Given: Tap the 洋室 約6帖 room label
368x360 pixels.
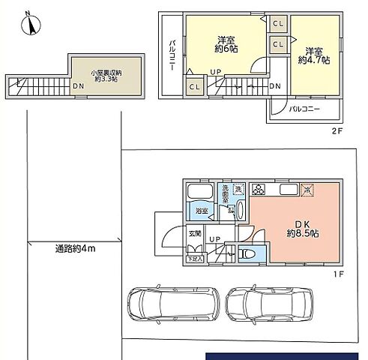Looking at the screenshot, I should tap(224, 43).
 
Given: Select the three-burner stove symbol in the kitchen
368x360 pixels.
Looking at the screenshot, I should tap(259, 189).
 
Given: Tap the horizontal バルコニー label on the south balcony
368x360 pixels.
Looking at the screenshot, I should tap(305, 109).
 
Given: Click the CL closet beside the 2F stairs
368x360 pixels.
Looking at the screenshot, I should tap(194, 87).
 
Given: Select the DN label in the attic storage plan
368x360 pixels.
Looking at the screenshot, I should tap(79, 85).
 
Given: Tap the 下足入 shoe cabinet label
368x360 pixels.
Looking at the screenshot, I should tap(194, 259).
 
